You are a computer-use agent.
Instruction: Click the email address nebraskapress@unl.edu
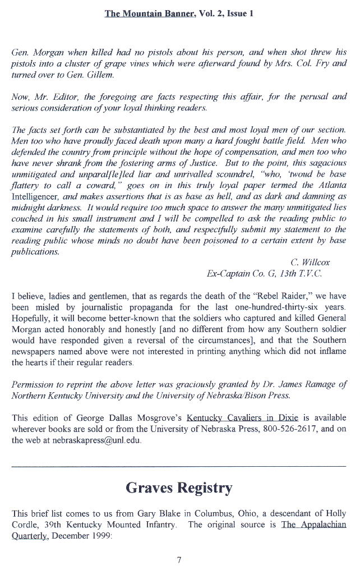[x=92, y=440]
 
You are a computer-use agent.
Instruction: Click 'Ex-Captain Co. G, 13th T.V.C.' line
[x=265, y=274]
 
